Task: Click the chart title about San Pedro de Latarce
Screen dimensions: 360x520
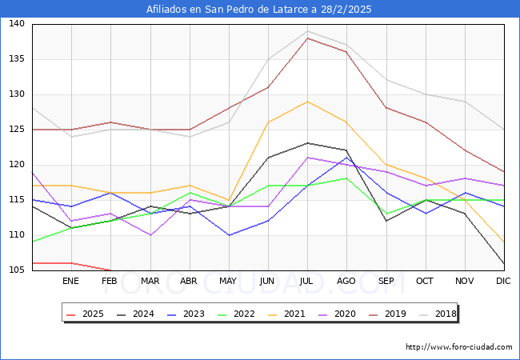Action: [259, 10]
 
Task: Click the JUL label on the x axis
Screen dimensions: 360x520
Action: [306, 282]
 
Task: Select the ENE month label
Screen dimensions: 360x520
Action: [70, 282]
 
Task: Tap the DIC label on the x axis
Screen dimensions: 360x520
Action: [503, 282]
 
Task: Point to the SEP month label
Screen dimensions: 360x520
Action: [386, 282]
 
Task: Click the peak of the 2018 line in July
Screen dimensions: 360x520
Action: [306, 31]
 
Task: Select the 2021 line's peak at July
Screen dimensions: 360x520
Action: [306, 102]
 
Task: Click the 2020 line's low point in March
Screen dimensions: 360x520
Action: [150, 235]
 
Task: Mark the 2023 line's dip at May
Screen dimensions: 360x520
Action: [228, 235]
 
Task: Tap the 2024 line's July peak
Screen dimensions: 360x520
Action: [306, 143]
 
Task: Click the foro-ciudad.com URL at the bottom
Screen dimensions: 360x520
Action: [458, 347]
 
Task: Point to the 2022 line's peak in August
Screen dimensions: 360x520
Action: [346, 178]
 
